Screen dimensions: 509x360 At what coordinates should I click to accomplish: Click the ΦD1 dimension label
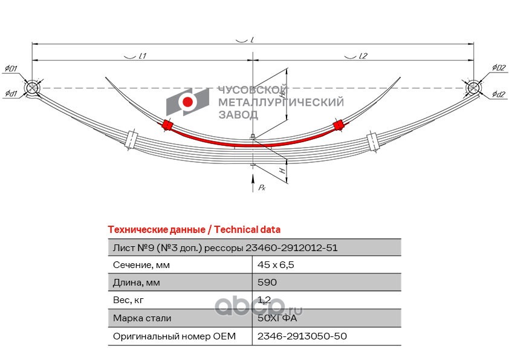(x=11, y=68)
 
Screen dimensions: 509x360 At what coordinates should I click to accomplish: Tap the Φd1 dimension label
(x=11, y=94)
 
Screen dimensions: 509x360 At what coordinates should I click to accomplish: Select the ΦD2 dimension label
(x=499, y=68)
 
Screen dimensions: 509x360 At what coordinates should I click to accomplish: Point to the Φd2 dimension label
(x=499, y=94)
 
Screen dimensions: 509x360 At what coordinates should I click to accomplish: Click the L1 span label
(x=143, y=56)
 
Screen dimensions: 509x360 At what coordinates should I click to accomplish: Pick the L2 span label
(x=363, y=56)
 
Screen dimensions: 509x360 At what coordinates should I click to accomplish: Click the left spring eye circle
(x=32, y=88)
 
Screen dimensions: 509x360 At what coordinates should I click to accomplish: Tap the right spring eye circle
(x=473, y=88)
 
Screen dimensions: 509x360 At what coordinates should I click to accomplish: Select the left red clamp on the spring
(x=167, y=125)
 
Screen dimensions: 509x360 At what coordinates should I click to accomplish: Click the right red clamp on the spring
(x=338, y=125)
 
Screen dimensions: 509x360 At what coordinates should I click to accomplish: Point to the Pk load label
(x=262, y=187)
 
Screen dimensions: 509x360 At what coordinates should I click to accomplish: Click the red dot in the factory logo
(x=187, y=102)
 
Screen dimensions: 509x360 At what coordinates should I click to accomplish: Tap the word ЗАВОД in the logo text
(x=238, y=114)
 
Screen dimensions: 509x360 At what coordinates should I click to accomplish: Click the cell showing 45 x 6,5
(x=276, y=265)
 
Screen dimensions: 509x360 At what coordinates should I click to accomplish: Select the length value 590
(x=267, y=282)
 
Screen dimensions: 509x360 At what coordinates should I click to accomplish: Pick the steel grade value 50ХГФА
(x=277, y=318)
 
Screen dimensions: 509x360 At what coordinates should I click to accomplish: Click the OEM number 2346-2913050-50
(x=302, y=336)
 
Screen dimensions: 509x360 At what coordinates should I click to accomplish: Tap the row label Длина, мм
(x=137, y=283)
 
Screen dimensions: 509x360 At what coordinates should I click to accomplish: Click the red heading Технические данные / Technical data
(x=194, y=230)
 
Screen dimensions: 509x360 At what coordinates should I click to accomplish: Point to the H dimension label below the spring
(x=283, y=171)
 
